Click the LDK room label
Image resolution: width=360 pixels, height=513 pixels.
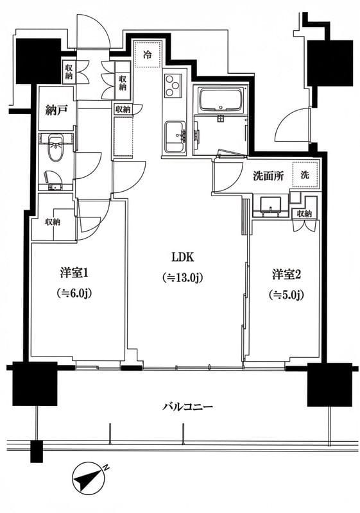click(182, 257)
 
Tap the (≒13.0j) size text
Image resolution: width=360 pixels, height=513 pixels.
click(182, 278)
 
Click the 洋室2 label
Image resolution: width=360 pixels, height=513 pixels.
click(286, 274)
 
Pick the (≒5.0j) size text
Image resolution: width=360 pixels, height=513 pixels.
click(286, 295)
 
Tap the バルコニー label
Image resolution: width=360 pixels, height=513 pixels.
click(187, 407)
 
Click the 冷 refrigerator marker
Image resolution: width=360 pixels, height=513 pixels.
click(148, 55)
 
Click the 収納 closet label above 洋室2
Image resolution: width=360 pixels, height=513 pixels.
click(304, 214)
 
